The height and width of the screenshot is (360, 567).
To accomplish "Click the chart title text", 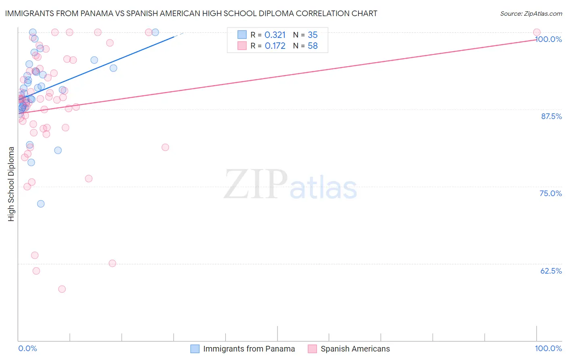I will click(191, 13).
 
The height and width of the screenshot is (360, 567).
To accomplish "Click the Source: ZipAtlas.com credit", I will click(531, 13).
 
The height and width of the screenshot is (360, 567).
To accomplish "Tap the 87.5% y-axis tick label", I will click(551, 116).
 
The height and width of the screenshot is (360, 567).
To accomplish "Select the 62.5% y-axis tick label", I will click(551, 271).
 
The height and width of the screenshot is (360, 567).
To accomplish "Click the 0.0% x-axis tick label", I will click(27, 348).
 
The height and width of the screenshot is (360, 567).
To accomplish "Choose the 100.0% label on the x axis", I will click(548, 348).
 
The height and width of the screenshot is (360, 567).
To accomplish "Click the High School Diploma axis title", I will click(11, 184).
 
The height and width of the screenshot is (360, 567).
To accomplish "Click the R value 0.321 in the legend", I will click(275, 35).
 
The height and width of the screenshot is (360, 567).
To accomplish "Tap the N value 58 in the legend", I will click(313, 46).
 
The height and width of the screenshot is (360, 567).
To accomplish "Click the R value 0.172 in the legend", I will click(275, 46).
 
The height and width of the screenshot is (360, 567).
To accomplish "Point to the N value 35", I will click(313, 35).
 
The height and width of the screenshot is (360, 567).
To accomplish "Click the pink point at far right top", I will click(536, 32).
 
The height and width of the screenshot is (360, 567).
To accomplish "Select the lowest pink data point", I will click(62, 289).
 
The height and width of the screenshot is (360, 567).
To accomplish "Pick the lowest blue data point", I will click(41, 204).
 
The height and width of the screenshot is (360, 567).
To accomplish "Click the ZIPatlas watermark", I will click(290, 185).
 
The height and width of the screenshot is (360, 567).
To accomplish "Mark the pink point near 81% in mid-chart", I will click(165, 147).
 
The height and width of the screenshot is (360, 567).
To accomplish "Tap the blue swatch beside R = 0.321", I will click(242, 35).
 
